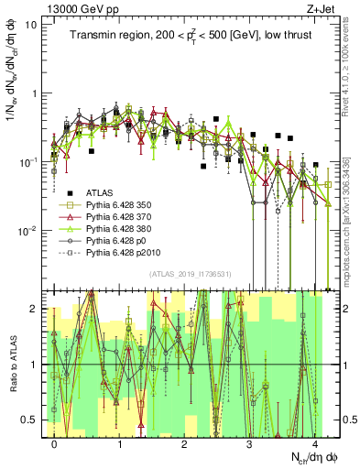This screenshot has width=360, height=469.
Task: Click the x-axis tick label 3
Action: [x=250, y=444]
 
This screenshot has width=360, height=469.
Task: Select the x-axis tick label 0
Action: [x=55, y=444]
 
